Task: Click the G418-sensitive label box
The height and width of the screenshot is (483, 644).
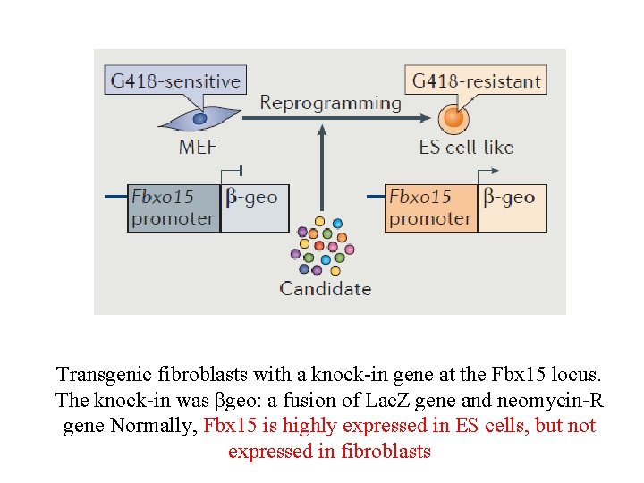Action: click(x=175, y=81)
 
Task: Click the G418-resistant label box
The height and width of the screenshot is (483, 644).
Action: click(x=476, y=81)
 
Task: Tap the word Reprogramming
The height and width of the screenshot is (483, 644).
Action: click(x=330, y=103)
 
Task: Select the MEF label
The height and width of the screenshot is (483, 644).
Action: click(x=197, y=147)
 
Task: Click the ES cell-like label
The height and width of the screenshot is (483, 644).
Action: click(x=466, y=147)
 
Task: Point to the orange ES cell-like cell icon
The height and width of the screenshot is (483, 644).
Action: click(x=454, y=117)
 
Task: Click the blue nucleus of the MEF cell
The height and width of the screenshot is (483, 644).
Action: click(x=200, y=117)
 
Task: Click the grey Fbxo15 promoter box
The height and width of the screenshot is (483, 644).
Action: click(x=174, y=208)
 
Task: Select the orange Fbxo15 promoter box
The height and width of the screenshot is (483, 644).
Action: click(x=430, y=208)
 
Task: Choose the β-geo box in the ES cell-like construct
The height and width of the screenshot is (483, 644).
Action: click(x=511, y=208)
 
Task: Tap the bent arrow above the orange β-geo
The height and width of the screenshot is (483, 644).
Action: click(x=488, y=173)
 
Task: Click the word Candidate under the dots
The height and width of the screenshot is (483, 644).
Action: click(x=325, y=288)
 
